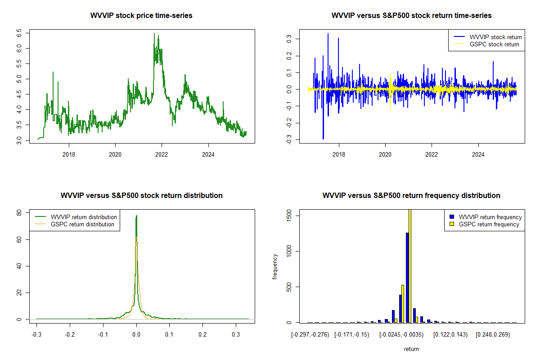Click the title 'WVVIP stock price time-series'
(x=141, y=16)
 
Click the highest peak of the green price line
(x=154, y=34)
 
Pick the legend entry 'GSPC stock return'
(x=494, y=44)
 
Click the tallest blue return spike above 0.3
(x=328, y=34)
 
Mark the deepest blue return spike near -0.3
(x=323, y=139)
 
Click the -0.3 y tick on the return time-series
(x=288, y=140)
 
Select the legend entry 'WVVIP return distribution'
(x=84, y=217)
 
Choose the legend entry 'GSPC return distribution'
(x=82, y=224)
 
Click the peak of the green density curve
(x=136, y=216)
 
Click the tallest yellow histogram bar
(x=410, y=265)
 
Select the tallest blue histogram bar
(x=407, y=277)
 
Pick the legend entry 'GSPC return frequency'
(x=489, y=224)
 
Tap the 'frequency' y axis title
(x=275, y=267)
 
